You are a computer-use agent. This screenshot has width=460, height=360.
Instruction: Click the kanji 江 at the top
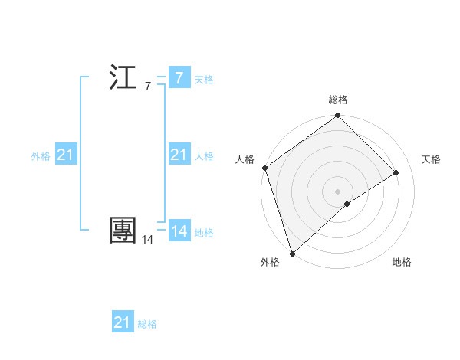tap(123, 79)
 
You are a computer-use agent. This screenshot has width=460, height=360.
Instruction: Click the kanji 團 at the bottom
tap(123, 231)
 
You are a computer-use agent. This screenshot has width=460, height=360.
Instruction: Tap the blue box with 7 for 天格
tap(179, 77)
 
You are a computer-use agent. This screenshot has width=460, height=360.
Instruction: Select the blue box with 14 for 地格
tap(179, 231)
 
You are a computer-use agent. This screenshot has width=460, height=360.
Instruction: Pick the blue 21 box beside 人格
tap(179, 155)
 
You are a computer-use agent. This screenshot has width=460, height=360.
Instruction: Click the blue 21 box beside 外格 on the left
tap(65, 155)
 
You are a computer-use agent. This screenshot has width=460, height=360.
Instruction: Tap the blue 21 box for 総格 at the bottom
tap(123, 322)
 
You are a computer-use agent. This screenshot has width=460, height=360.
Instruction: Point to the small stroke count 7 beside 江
tap(148, 87)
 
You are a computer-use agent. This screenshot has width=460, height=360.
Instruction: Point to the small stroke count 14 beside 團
tap(147, 240)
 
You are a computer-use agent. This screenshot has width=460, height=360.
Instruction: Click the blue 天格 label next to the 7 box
tap(204, 80)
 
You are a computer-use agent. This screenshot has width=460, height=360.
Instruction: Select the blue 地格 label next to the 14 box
tap(204, 233)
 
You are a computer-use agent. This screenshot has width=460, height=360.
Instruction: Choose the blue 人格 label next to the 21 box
tap(204, 156)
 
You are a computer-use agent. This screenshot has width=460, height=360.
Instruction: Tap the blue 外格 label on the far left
tap(41, 156)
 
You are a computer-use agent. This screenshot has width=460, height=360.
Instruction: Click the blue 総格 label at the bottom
tap(147, 324)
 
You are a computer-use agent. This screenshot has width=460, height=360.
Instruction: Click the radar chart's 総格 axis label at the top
tap(338, 100)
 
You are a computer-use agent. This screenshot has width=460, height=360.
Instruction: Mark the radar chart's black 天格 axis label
tap(432, 159)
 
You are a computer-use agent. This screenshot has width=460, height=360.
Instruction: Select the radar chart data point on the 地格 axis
tap(347, 204)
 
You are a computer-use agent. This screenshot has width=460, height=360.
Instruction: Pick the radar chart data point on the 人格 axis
tap(264, 168)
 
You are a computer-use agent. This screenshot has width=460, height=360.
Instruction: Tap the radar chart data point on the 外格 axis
tap(292, 253)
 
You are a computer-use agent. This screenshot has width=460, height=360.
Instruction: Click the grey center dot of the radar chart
tap(337, 191)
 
